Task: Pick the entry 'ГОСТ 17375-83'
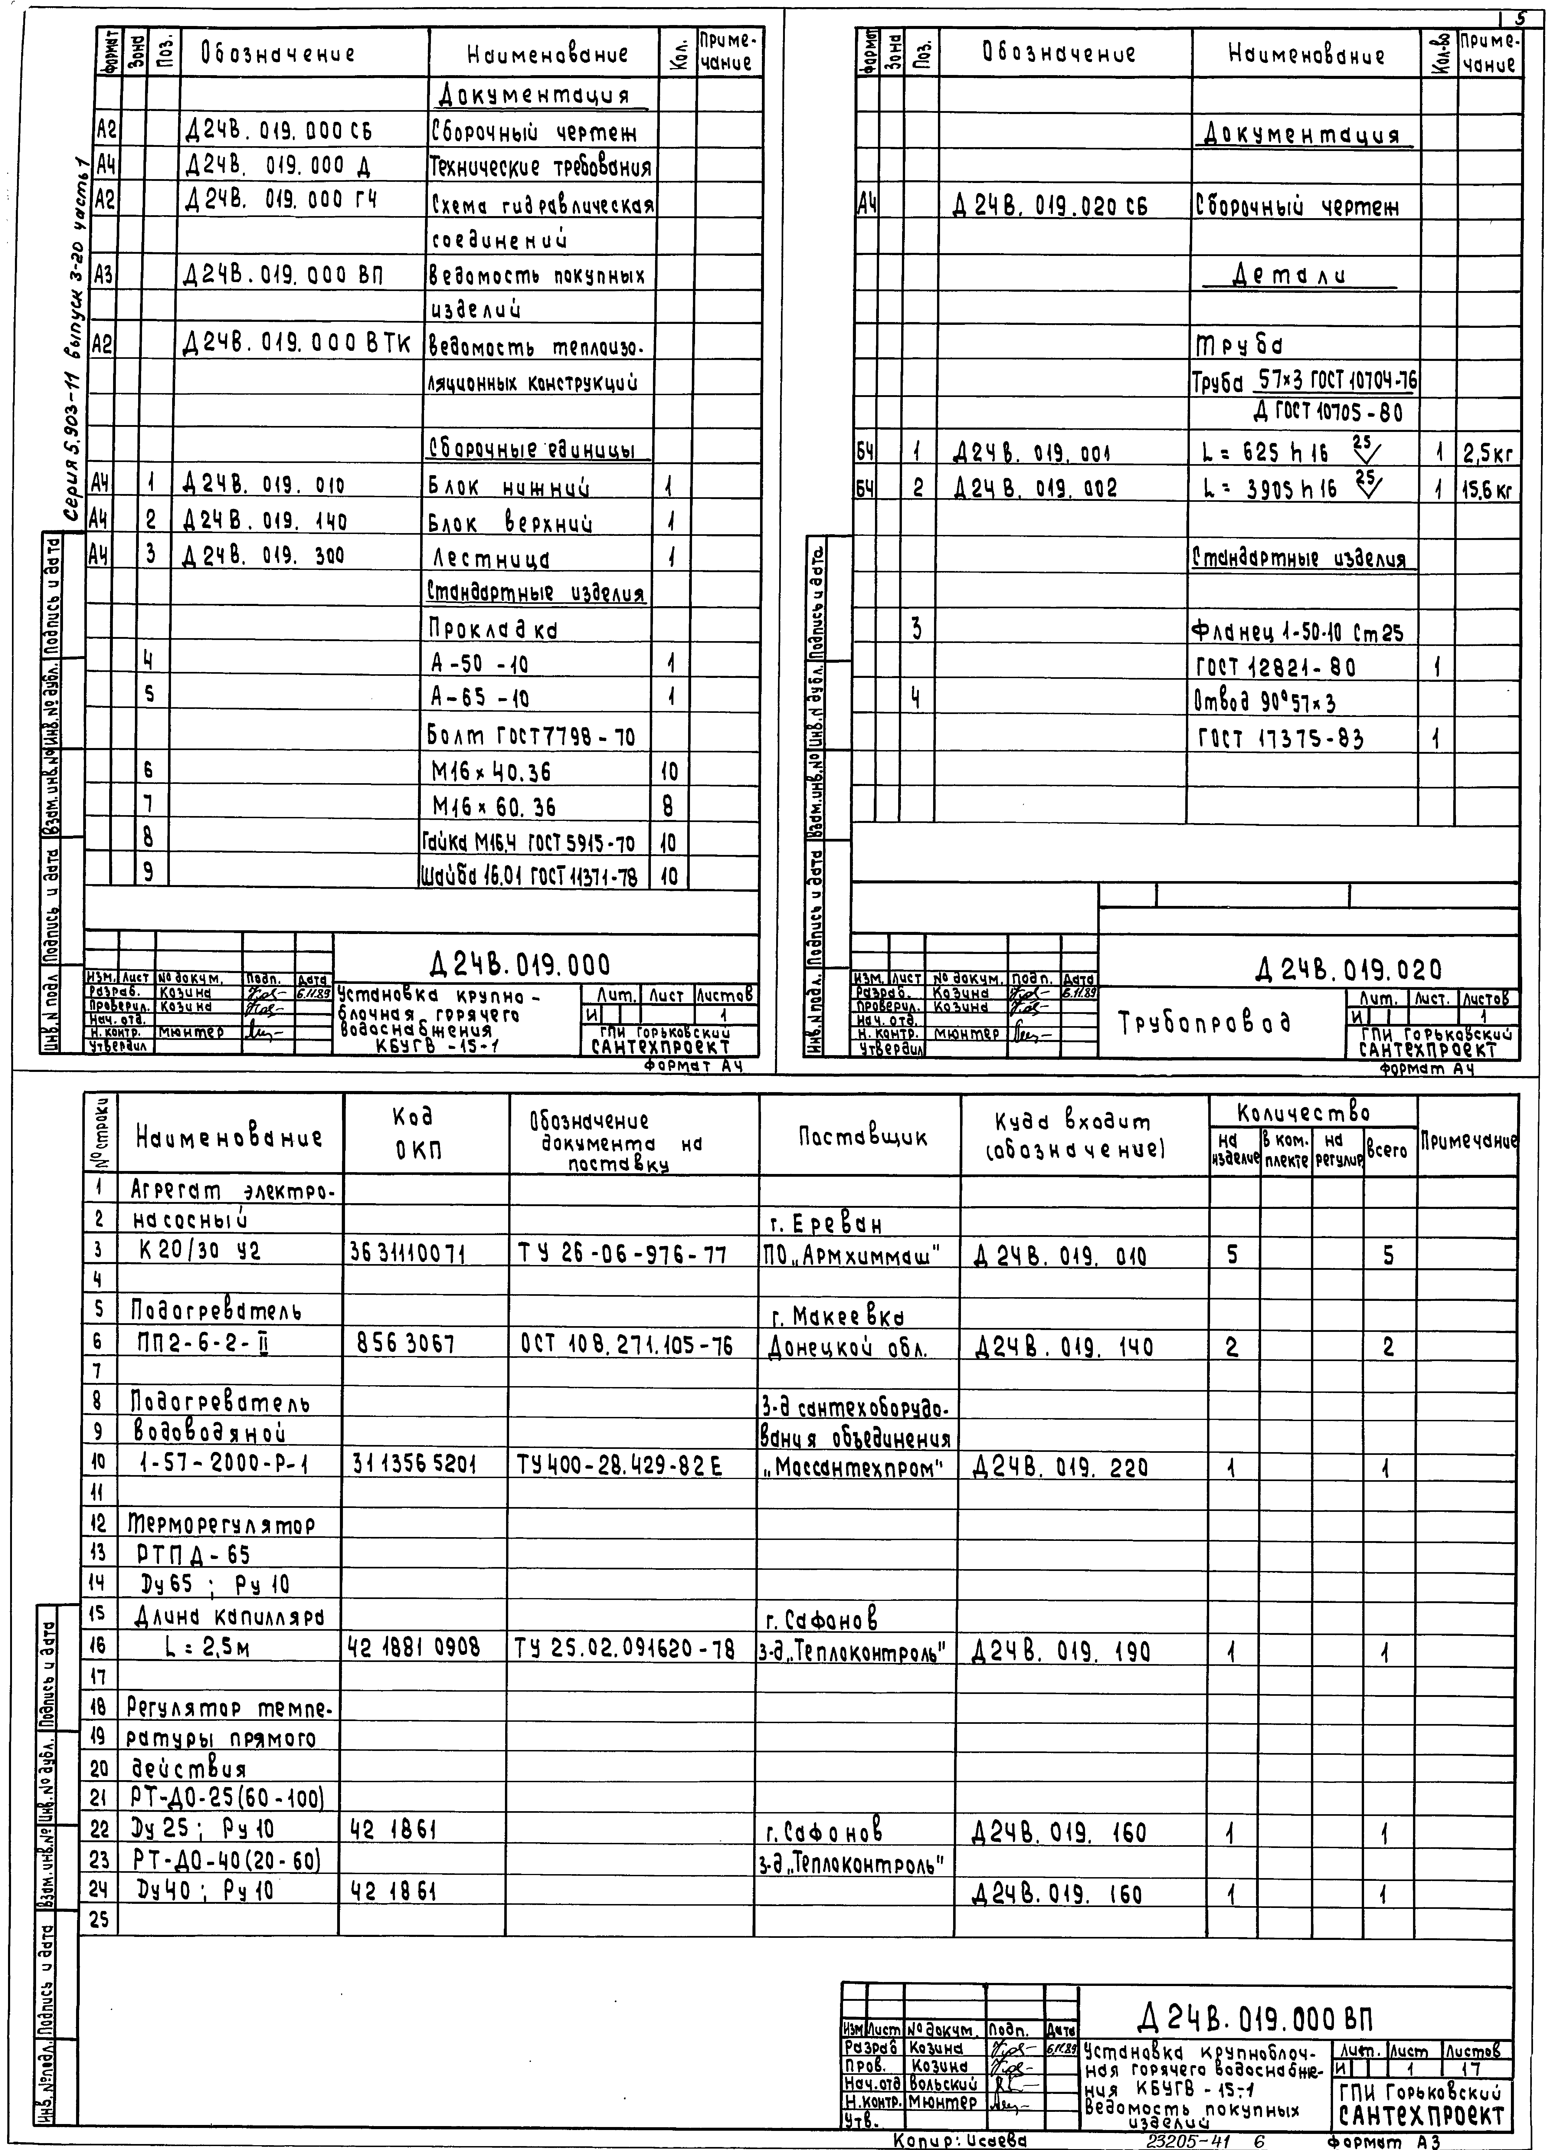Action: tap(1280, 739)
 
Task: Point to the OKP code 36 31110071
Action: tap(410, 1255)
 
